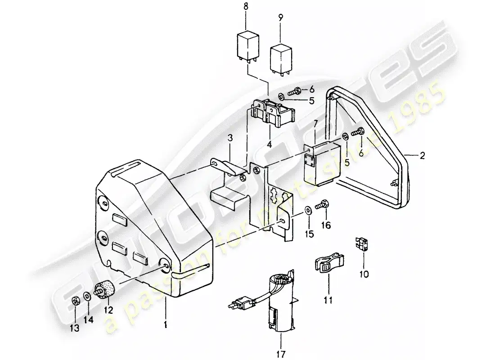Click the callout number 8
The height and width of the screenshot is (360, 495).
point(246,20)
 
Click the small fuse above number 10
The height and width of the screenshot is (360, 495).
point(364,245)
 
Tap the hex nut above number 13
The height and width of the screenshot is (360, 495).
point(75,301)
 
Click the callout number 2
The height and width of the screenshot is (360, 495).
point(422,156)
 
